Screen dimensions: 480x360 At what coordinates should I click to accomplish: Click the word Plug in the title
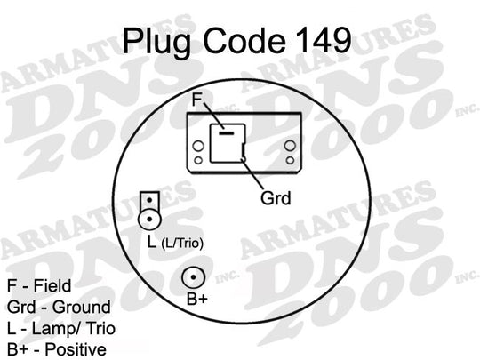coord(157,42)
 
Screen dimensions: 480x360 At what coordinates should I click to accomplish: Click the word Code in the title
coord(244,40)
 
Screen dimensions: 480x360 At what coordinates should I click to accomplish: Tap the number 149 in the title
coord(324,40)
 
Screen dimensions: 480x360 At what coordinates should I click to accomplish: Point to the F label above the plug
coord(196,100)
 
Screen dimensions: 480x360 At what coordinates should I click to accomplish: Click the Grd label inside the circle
coord(276,198)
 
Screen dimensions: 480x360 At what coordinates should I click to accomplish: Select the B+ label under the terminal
coord(197,299)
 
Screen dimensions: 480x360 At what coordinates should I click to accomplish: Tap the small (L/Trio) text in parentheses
coord(182,244)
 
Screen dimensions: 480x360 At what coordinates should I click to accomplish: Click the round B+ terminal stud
coord(193,277)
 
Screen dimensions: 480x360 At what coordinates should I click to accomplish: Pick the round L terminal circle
coord(149,220)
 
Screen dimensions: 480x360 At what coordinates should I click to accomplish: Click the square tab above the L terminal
coord(149,200)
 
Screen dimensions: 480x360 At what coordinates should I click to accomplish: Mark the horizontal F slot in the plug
coord(227,133)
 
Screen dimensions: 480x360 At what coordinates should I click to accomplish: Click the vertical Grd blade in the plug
coord(244,150)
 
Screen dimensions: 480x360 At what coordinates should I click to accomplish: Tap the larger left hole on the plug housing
coord(198,146)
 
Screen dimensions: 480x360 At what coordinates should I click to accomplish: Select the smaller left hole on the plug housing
coord(198,160)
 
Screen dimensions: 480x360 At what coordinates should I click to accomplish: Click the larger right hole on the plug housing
coord(290,146)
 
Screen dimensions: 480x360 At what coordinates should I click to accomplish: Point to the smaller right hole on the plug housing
coord(290,160)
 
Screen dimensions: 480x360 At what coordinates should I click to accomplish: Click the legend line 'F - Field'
coord(39,285)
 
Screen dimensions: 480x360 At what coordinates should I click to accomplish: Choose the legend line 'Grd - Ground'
coord(59,307)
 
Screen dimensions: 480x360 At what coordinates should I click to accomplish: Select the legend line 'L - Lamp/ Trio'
coord(61,329)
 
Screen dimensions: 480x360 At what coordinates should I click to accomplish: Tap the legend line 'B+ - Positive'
coord(57,349)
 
